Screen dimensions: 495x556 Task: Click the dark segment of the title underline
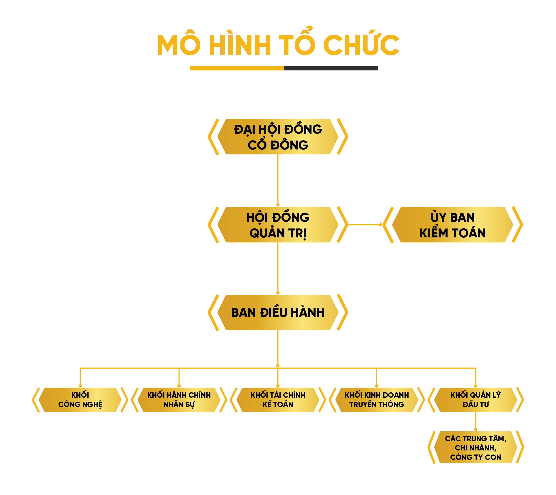(330, 68)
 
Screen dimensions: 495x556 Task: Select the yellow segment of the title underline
(236, 68)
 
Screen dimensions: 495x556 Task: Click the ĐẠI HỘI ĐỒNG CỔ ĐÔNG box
(278, 137)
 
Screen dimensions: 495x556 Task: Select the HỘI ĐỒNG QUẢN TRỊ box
(278, 225)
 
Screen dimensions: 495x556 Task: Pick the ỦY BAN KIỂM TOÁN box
(452, 225)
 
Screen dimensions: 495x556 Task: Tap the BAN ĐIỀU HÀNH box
(278, 312)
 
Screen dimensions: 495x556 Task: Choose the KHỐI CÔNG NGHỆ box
(80, 399)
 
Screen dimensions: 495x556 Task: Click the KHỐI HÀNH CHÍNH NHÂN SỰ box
(179, 399)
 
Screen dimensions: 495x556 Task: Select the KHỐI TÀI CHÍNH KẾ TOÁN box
(278, 399)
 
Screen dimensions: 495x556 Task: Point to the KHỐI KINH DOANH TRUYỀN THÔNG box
(377, 399)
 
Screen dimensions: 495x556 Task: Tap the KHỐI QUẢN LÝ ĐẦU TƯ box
(476, 399)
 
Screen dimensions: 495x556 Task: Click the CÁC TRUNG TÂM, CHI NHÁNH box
(476, 448)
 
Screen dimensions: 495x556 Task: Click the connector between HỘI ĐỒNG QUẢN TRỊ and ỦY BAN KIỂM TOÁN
(364, 225)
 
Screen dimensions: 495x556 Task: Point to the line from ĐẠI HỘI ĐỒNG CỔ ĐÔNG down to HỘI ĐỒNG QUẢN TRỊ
(278, 179)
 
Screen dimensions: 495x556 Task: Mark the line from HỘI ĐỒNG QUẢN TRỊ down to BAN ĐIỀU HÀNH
(278, 268)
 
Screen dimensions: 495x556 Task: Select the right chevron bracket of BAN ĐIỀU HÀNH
(343, 312)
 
